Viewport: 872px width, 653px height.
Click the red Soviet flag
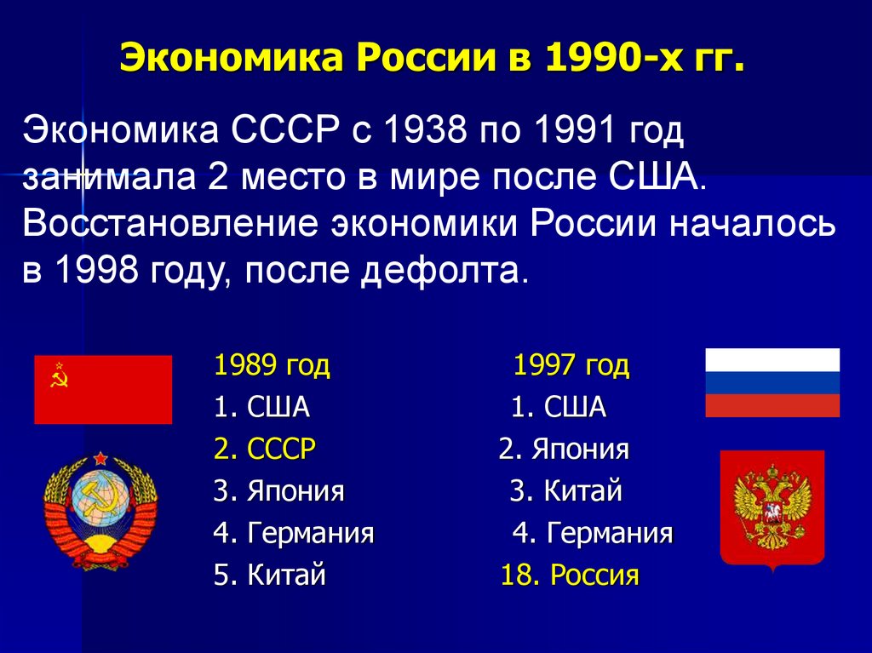(103, 389)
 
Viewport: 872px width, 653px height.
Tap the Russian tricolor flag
(772, 382)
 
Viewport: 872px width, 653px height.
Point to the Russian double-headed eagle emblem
(772, 507)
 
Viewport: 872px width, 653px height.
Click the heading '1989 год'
(272, 366)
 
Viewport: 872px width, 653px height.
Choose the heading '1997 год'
(571, 366)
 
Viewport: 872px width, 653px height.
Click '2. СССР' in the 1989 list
(264, 450)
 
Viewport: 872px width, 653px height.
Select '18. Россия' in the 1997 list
(569, 576)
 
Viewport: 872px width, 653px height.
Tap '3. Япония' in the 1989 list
(278, 492)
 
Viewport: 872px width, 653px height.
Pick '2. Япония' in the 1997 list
(564, 450)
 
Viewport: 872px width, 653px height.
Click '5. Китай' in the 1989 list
(270, 576)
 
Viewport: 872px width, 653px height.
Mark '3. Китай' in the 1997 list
(566, 492)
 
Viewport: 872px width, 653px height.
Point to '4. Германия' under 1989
(294, 535)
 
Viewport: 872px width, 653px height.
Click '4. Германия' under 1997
(593, 535)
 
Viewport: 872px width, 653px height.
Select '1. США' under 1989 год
(261, 408)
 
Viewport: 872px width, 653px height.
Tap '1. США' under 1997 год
(559, 408)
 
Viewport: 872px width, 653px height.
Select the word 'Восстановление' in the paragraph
(168, 225)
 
